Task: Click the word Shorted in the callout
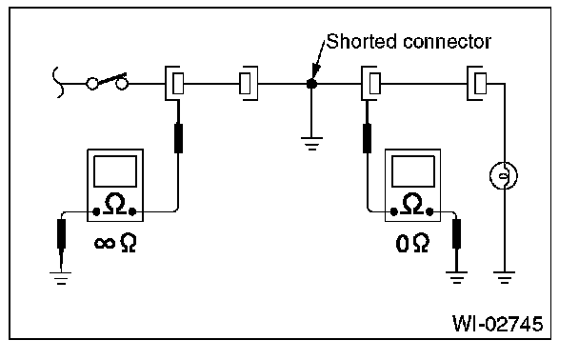click(362, 41)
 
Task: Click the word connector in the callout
click(447, 42)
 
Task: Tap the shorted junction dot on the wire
click(311, 84)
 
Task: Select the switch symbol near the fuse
click(107, 82)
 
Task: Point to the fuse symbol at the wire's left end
click(58, 82)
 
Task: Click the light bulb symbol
click(504, 176)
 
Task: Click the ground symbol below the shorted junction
click(311, 143)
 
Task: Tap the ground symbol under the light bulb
click(504, 277)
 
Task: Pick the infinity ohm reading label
click(115, 242)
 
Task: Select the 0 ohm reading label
click(412, 243)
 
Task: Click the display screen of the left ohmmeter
click(115, 171)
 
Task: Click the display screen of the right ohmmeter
click(413, 171)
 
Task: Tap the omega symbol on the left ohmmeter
click(115, 204)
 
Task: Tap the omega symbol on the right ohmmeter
click(412, 204)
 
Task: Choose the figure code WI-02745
click(498, 324)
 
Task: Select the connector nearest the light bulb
click(477, 84)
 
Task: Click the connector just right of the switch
click(174, 84)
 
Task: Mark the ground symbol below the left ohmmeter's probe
click(61, 278)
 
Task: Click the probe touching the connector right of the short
click(367, 138)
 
